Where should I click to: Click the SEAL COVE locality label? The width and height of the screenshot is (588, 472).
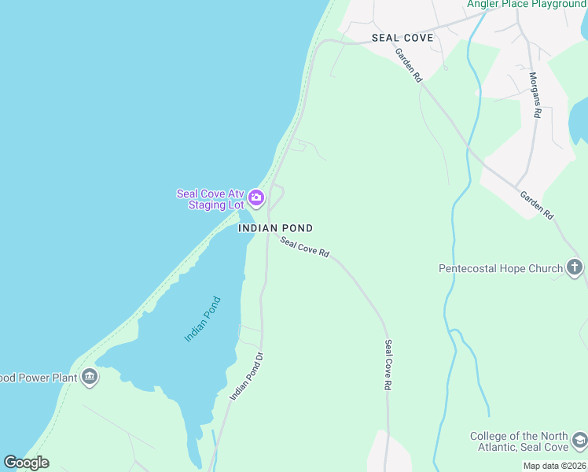(x=402, y=38)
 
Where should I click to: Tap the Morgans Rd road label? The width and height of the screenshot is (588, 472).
(x=535, y=94)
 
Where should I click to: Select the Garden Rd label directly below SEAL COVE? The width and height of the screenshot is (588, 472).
(x=409, y=66)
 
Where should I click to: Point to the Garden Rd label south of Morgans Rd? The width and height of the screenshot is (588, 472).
(x=536, y=205)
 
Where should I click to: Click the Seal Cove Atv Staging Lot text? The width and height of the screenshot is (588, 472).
(x=210, y=199)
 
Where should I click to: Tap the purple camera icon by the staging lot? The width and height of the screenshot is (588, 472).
(x=256, y=196)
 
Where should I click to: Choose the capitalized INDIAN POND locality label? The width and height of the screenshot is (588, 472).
(x=275, y=228)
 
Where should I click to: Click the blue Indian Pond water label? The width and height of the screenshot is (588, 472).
(x=203, y=319)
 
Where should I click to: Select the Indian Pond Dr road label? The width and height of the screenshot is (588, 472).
(x=245, y=375)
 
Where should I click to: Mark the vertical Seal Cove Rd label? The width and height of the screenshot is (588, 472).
(x=388, y=365)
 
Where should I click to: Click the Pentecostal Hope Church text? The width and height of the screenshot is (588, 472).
(x=501, y=268)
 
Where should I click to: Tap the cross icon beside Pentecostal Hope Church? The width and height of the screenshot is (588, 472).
(x=575, y=268)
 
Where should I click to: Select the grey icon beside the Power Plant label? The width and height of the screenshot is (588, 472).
(x=90, y=378)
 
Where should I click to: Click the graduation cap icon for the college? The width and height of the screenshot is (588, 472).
(x=579, y=439)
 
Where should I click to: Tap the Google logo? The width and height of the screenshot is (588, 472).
(x=26, y=463)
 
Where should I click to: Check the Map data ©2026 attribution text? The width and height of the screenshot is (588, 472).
(x=554, y=466)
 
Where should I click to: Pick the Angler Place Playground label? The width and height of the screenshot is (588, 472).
(x=527, y=4)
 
